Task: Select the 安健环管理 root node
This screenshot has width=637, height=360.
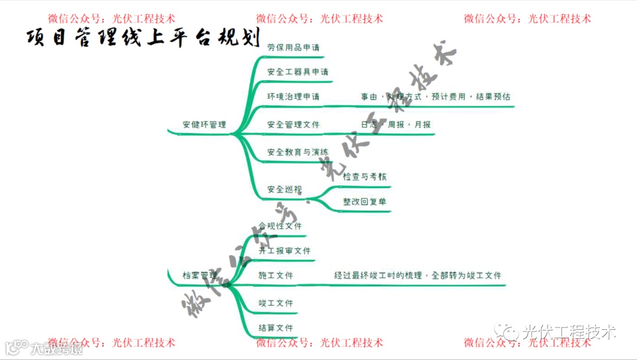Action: pyautogui.click(x=204, y=125)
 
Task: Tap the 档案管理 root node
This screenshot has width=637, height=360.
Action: pyautogui.click(x=200, y=276)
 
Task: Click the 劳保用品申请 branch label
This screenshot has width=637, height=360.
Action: pyautogui.click(x=293, y=47)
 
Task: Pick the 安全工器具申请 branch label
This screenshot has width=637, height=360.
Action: pyautogui.click(x=297, y=72)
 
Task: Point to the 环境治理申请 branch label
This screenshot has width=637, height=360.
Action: pyautogui.click(x=293, y=97)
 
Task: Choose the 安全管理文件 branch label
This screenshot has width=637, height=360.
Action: pyautogui.click(x=293, y=125)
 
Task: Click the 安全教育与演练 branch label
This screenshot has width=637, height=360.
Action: pyautogui.click(x=297, y=152)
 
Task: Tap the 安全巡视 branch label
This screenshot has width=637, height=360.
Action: pyautogui.click(x=284, y=189)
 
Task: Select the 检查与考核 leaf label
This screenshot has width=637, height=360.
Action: pyautogui.click(x=365, y=176)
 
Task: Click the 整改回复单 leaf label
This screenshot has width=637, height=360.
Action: pyautogui.click(x=365, y=202)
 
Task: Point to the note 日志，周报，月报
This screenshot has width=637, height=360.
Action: pyautogui.click(x=396, y=125)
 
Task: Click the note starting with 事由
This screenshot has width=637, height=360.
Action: pyautogui.click(x=435, y=97)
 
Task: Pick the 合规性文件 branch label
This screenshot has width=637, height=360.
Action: pyautogui.click(x=280, y=226)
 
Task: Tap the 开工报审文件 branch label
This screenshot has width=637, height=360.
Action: pyautogui.click(x=284, y=251)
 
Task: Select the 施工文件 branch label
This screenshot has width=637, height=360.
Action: pyautogui.click(x=275, y=276)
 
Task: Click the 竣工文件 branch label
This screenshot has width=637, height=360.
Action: pyautogui.click(x=275, y=303)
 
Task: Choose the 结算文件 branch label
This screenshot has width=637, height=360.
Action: pyautogui.click(x=275, y=328)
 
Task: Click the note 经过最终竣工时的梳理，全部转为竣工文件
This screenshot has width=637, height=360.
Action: pyautogui.click(x=418, y=276)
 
